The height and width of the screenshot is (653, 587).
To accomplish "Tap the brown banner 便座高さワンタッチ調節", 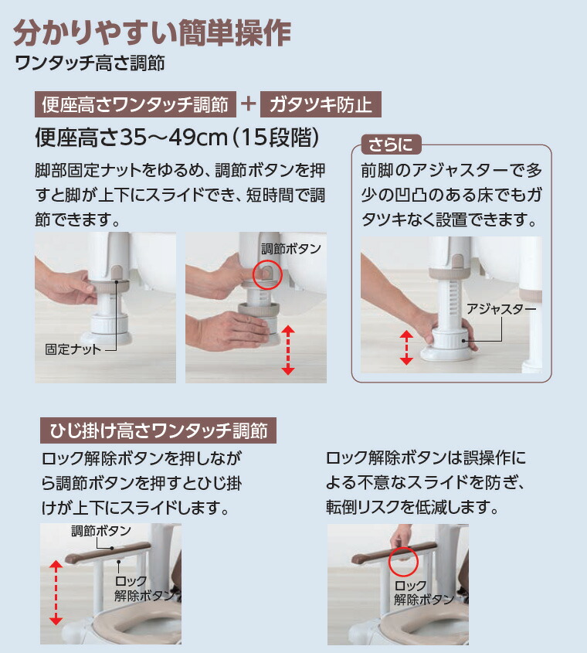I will click(135, 104).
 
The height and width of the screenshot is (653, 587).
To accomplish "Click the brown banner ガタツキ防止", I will click(321, 104).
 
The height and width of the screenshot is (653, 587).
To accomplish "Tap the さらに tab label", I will click(391, 145).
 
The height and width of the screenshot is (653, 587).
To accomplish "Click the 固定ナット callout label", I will click(73, 349).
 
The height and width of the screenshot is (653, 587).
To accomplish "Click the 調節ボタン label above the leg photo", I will click(290, 249).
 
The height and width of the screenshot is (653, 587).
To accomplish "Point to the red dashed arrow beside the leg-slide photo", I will click(288, 350).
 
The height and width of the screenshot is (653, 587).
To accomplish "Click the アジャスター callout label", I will click(501, 308).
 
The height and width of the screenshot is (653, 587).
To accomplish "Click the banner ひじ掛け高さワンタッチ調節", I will click(158, 430).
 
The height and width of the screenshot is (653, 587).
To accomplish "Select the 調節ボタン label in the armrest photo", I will click(100, 531).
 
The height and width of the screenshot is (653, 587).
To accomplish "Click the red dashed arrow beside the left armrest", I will click(55, 593).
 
